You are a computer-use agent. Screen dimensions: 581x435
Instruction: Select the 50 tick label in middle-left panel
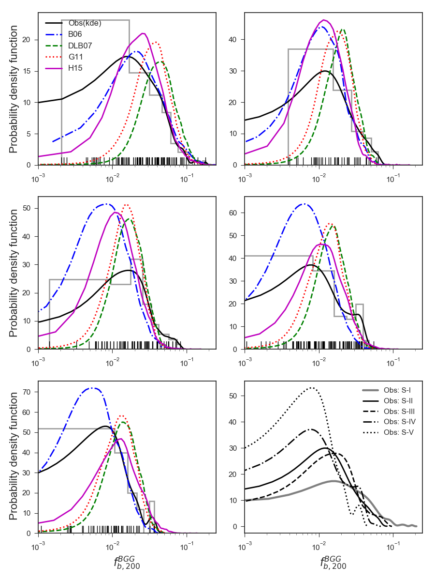click(x=29, y=209)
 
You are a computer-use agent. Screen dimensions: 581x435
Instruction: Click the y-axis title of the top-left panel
click(x=14, y=89)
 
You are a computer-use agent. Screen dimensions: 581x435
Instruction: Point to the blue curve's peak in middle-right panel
click(x=303, y=204)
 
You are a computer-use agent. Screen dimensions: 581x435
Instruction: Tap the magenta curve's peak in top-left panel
click(x=143, y=33)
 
